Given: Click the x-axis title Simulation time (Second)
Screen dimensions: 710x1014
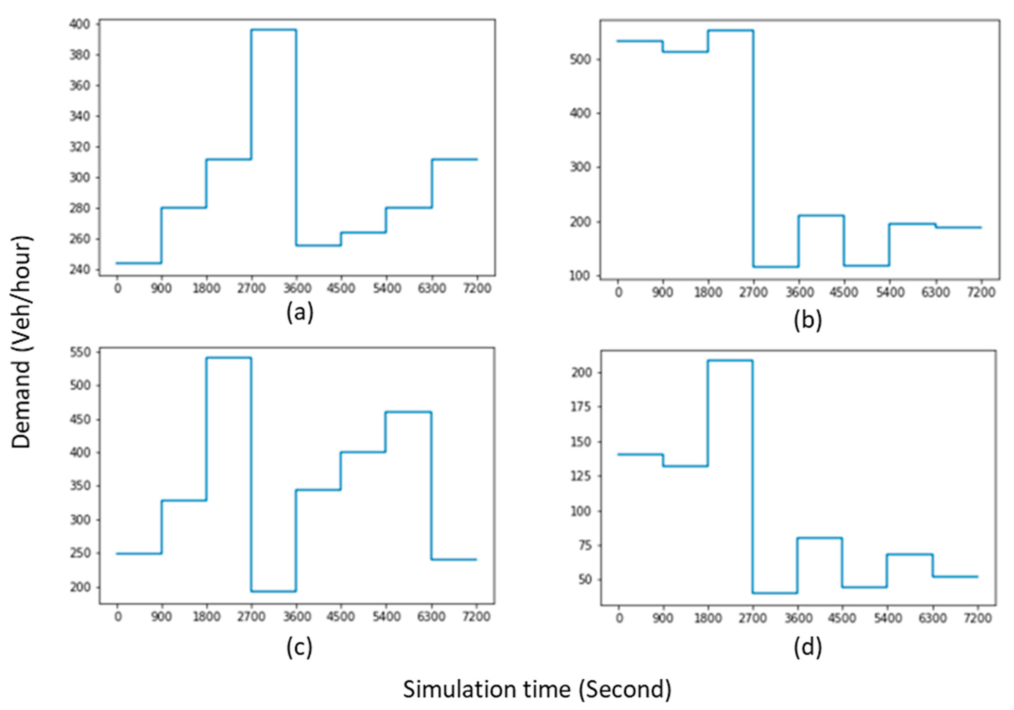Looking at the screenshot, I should (x=536, y=688).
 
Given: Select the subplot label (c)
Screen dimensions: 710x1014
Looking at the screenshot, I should (x=299, y=648).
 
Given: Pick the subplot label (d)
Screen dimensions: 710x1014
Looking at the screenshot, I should (x=807, y=648).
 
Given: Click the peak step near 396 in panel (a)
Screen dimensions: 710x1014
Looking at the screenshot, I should (x=274, y=29).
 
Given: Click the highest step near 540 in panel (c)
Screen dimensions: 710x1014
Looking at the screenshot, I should (x=229, y=358).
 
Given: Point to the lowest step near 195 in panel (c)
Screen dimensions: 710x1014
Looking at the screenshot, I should (x=274, y=591).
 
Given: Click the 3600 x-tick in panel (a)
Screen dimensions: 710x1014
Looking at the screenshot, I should (x=297, y=289).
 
